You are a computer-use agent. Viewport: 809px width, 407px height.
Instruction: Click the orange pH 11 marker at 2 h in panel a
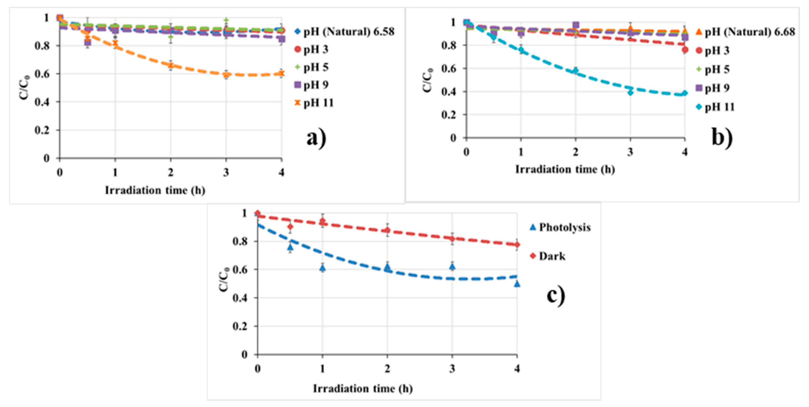171,65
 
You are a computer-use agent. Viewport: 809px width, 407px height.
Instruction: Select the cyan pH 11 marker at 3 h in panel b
630,92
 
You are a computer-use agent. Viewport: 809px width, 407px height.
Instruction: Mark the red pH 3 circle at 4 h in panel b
685,50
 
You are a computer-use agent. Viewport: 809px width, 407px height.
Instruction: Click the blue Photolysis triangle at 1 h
323,268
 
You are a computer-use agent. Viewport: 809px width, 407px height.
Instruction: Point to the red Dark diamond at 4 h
517,245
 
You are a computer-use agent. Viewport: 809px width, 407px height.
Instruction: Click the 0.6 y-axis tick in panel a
42,74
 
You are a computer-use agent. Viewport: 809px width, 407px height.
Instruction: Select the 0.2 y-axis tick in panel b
448,115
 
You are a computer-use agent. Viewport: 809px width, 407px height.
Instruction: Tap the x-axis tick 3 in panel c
452,369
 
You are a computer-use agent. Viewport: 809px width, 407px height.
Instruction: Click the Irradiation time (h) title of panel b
565,169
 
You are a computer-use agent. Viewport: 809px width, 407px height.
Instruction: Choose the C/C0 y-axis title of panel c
223,279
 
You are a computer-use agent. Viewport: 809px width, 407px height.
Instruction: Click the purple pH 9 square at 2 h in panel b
576,25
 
